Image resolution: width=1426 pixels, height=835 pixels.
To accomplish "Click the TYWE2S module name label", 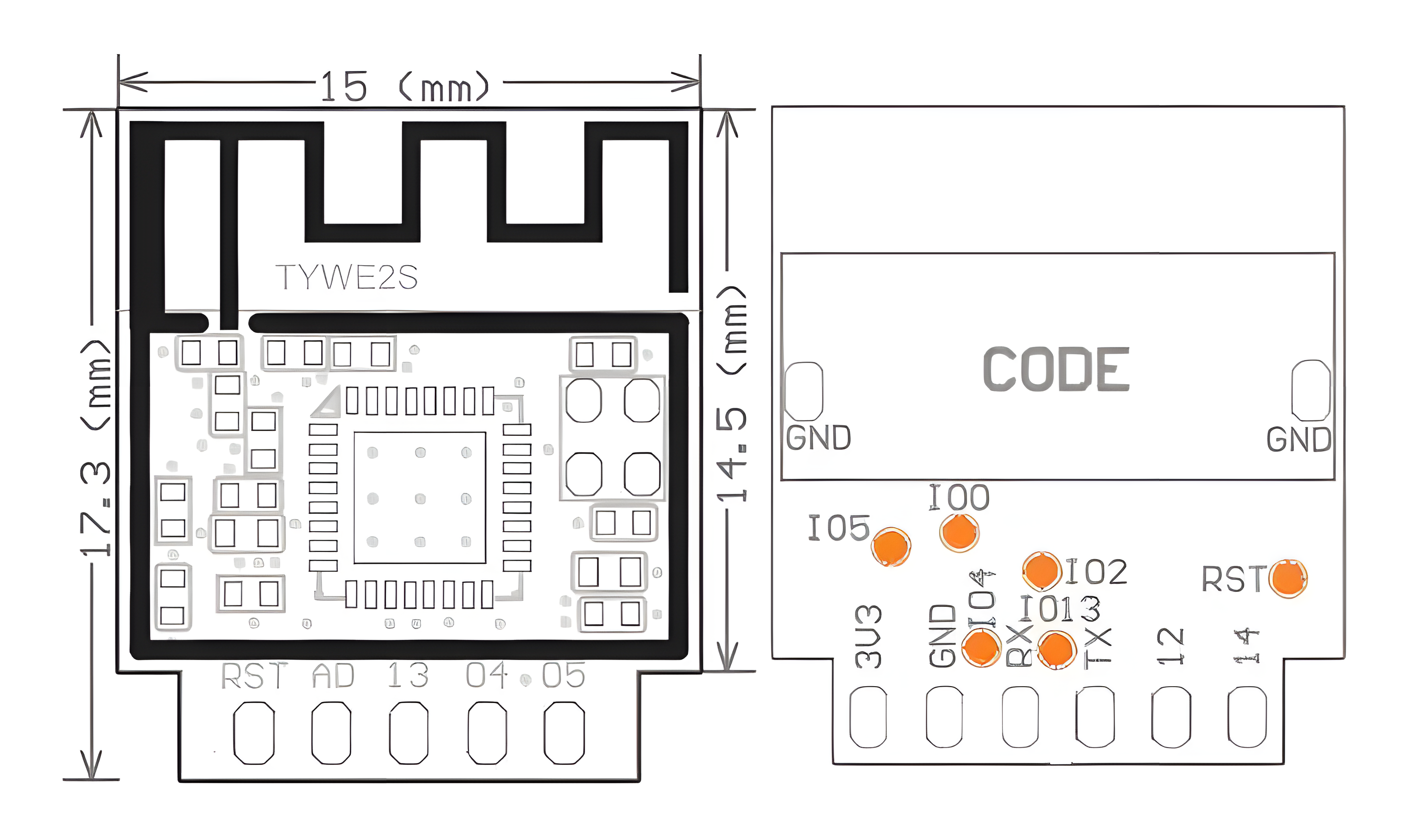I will (346, 277).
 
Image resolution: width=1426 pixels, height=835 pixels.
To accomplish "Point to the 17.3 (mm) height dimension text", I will (95, 447).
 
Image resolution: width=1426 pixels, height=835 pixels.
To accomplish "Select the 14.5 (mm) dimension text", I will (732, 394).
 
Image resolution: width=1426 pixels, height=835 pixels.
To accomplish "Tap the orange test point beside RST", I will (1287, 578).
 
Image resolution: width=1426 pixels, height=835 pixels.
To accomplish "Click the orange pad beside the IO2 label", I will (1041, 571).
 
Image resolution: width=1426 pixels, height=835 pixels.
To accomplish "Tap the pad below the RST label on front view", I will (254, 733).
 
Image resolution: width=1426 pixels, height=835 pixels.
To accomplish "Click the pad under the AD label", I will (331, 733).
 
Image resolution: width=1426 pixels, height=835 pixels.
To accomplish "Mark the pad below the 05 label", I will (564, 733).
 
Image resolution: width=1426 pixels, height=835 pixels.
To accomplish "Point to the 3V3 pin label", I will (868, 636).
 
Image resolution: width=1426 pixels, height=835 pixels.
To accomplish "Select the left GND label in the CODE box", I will (818, 438).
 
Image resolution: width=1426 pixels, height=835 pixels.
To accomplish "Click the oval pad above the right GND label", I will (1311, 390).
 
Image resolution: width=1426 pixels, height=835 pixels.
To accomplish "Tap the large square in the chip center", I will (419, 498).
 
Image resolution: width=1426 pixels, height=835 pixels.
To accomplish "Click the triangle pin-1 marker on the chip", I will (328, 403).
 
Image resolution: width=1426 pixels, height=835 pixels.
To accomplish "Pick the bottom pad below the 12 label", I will (1171, 717).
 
